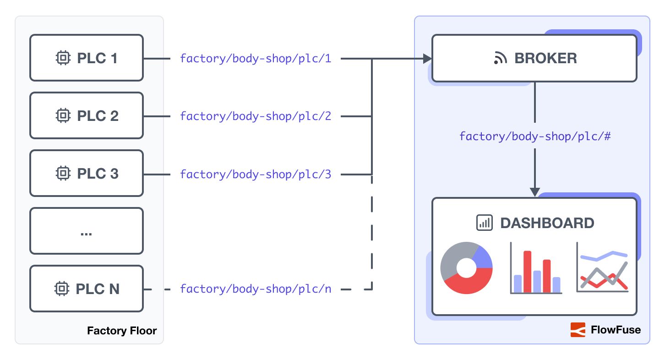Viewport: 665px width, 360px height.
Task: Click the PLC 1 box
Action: coord(87,58)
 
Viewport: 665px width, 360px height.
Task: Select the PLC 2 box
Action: coord(87,116)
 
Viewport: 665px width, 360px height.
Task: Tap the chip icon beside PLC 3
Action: coord(63,174)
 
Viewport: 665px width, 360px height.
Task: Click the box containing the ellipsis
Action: coord(87,231)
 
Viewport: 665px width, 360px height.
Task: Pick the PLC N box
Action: coord(87,289)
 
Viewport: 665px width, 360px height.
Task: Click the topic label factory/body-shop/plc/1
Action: coord(255,59)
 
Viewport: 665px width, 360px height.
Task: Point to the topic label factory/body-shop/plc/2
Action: coord(255,116)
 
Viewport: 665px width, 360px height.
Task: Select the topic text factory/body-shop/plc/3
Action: coord(255,174)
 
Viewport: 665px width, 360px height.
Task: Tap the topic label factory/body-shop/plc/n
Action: coord(255,289)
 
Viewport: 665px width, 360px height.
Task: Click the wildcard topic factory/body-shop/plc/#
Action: coord(534,136)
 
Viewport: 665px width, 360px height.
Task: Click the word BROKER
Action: coord(545,59)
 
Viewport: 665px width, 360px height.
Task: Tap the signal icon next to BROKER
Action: coord(501,59)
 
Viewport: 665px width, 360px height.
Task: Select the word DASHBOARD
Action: coord(547,223)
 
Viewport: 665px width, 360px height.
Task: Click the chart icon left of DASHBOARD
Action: coord(484,223)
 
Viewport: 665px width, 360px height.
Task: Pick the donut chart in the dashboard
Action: coord(466,268)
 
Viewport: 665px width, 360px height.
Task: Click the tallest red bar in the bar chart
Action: coord(527,271)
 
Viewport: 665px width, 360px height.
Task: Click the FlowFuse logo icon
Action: coord(578,330)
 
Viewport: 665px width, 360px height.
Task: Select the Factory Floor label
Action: coord(122,331)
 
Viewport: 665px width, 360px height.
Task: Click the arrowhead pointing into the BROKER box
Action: coord(427,59)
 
